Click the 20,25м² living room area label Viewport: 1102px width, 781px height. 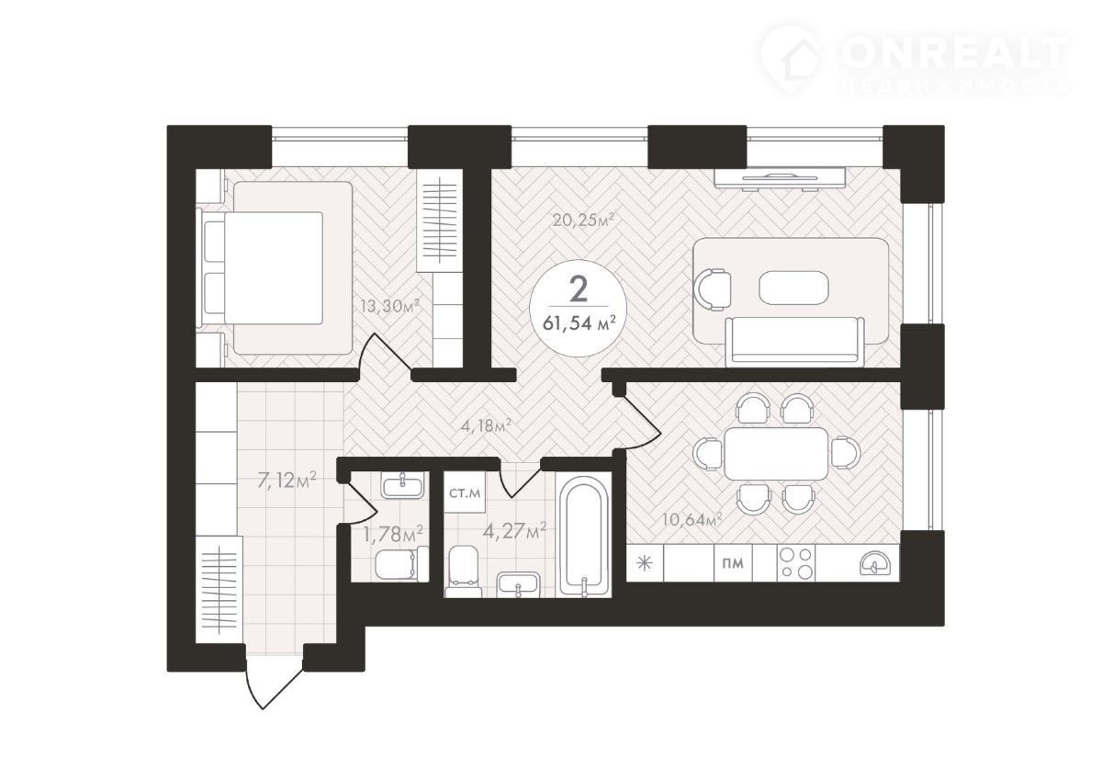click(x=584, y=220)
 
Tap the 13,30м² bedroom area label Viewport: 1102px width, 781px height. click(x=390, y=306)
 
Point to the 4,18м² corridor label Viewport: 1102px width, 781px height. click(x=486, y=425)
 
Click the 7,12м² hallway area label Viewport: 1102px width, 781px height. click(x=287, y=479)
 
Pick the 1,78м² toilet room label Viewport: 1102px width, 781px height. click(x=393, y=534)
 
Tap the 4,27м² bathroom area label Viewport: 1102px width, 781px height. click(x=514, y=531)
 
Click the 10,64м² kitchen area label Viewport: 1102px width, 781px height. click(x=692, y=519)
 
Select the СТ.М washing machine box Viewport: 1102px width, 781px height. click(x=465, y=492)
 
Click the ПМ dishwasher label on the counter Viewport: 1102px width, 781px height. click(x=733, y=563)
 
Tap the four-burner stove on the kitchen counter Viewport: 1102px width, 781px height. click(x=796, y=563)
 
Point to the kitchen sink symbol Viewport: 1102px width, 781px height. click(x=873, y=563)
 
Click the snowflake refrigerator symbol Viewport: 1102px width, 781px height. click(x=644, y=563)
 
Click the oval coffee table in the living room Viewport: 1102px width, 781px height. click(x=794, y=287)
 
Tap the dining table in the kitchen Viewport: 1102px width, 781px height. click(x=776, y=454)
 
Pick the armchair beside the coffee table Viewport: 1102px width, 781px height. click(x=712, y=289)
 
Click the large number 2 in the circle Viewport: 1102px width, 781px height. click(x=579, y=289)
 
